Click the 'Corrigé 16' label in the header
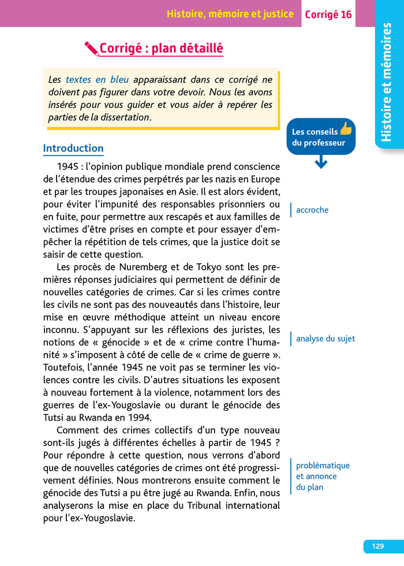pos(328,14)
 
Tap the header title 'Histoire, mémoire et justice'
pos(230,14)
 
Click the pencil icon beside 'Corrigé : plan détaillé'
pos(91,49)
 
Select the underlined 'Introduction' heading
pos(73,148)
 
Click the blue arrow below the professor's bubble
pos(321,163)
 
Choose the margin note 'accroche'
pos(312,210)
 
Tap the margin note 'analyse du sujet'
pos(326,339)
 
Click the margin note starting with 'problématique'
pos(323,466)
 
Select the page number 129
pos(378,546)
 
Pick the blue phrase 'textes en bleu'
pos(97,80)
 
